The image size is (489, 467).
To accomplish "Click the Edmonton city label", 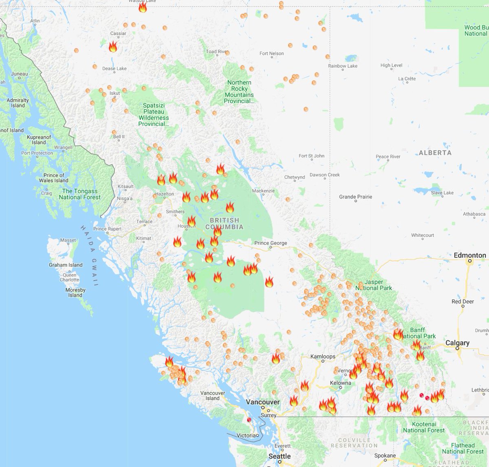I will point(469,255).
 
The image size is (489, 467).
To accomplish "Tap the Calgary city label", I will point(457,343).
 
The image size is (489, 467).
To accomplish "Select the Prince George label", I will point(271,243).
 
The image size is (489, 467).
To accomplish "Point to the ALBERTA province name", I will point(435,153).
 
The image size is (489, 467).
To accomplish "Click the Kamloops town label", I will point(323,357).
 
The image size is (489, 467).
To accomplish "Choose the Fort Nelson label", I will point(272,54).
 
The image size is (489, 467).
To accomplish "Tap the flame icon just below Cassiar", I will point(113,47).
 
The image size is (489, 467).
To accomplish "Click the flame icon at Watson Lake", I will point(142,7).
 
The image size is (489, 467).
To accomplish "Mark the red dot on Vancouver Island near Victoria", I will point(249,420).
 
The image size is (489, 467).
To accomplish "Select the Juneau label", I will point(20,74).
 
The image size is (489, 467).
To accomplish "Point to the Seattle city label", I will point(280,456).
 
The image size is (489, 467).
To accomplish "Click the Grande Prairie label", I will point(355,197).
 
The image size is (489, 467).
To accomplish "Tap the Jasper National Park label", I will point(374,285).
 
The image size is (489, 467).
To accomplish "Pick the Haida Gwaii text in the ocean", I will point(89,255).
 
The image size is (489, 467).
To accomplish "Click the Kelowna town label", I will point(340,383).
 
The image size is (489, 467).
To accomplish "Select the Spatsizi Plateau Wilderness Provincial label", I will point(154,115).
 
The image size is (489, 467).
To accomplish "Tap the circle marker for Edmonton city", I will point(469,261).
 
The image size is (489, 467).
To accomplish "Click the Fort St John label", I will point(311,156).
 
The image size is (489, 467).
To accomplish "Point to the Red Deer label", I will point(463,301).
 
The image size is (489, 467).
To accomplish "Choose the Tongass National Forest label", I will point(80,194).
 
